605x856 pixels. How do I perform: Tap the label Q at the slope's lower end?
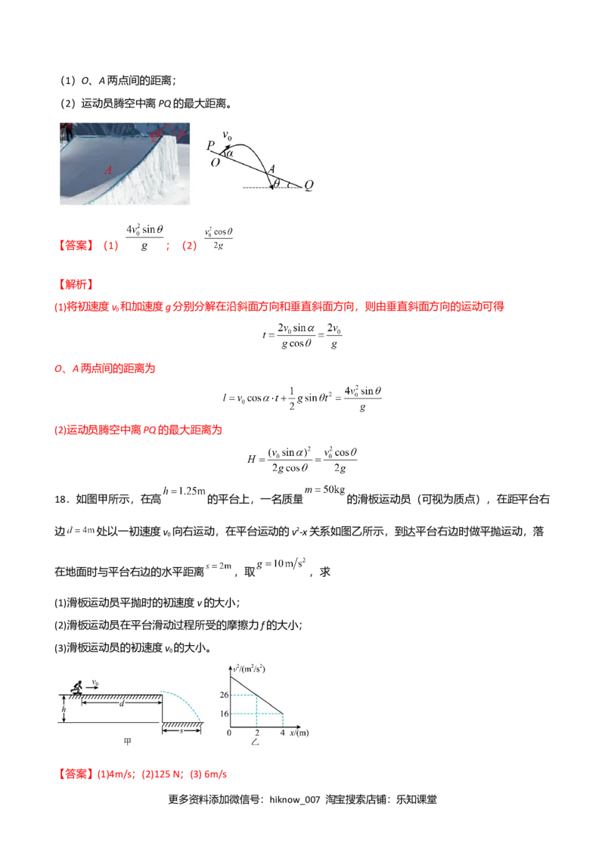309,185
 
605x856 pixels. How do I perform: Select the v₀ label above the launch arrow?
228,135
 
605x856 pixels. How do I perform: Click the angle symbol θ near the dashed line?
277,182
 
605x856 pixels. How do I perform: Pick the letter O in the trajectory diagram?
216,162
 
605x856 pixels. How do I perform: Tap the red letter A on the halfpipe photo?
109,172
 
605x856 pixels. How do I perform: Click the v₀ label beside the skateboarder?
95,682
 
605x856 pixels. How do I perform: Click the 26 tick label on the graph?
224,695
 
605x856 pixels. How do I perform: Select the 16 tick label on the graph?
224,713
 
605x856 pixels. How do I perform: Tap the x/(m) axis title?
298,733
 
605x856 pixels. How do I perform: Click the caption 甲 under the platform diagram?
127,743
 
